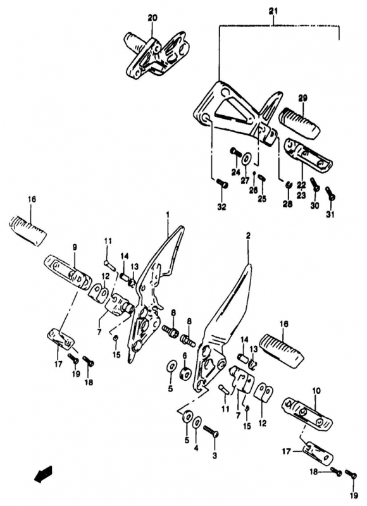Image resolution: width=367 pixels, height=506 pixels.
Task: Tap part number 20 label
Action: pyautogui.click(x=152, y=18)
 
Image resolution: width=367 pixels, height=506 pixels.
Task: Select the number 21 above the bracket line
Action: pyautogui.click(x=273, y=11)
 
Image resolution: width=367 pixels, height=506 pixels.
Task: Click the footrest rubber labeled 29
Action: pyautogui.click(x=300, y=123)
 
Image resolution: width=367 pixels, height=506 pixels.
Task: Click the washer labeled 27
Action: pyautogui.click(x=247, y=159)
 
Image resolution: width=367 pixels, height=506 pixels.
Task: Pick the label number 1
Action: pyautogui.click(x=168, y=214)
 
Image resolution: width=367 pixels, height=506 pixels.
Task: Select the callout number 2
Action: pyautogui.click(x=248, y=237)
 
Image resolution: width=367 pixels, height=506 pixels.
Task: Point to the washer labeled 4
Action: pyautogui.click(x=197, y=423)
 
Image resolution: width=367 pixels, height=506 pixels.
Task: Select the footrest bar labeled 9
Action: pyautogui.click(x=68, y=271)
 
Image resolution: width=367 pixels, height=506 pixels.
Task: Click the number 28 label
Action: pyautogui.click(x=288, y=204)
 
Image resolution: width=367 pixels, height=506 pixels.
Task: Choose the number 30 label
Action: pyautogui.click(x=315, y=206)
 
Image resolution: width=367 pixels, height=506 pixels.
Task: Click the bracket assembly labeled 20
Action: pyautogui.click(x=154, y=54)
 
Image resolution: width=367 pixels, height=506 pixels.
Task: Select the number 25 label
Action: pyautogui.click(x=262, y=199)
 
